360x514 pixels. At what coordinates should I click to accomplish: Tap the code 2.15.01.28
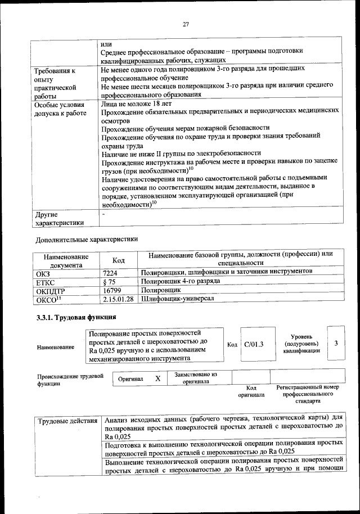(x=118, y=299)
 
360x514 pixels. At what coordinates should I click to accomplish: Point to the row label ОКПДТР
(x=51, y=291)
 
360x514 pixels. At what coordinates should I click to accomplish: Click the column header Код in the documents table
(x=118, y=260)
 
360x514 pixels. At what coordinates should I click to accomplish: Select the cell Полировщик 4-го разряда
(x=181, y=281)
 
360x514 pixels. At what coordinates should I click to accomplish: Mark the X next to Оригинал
(x=157, y=378)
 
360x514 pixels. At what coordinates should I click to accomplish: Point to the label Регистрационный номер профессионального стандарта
(x=308, y=395)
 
